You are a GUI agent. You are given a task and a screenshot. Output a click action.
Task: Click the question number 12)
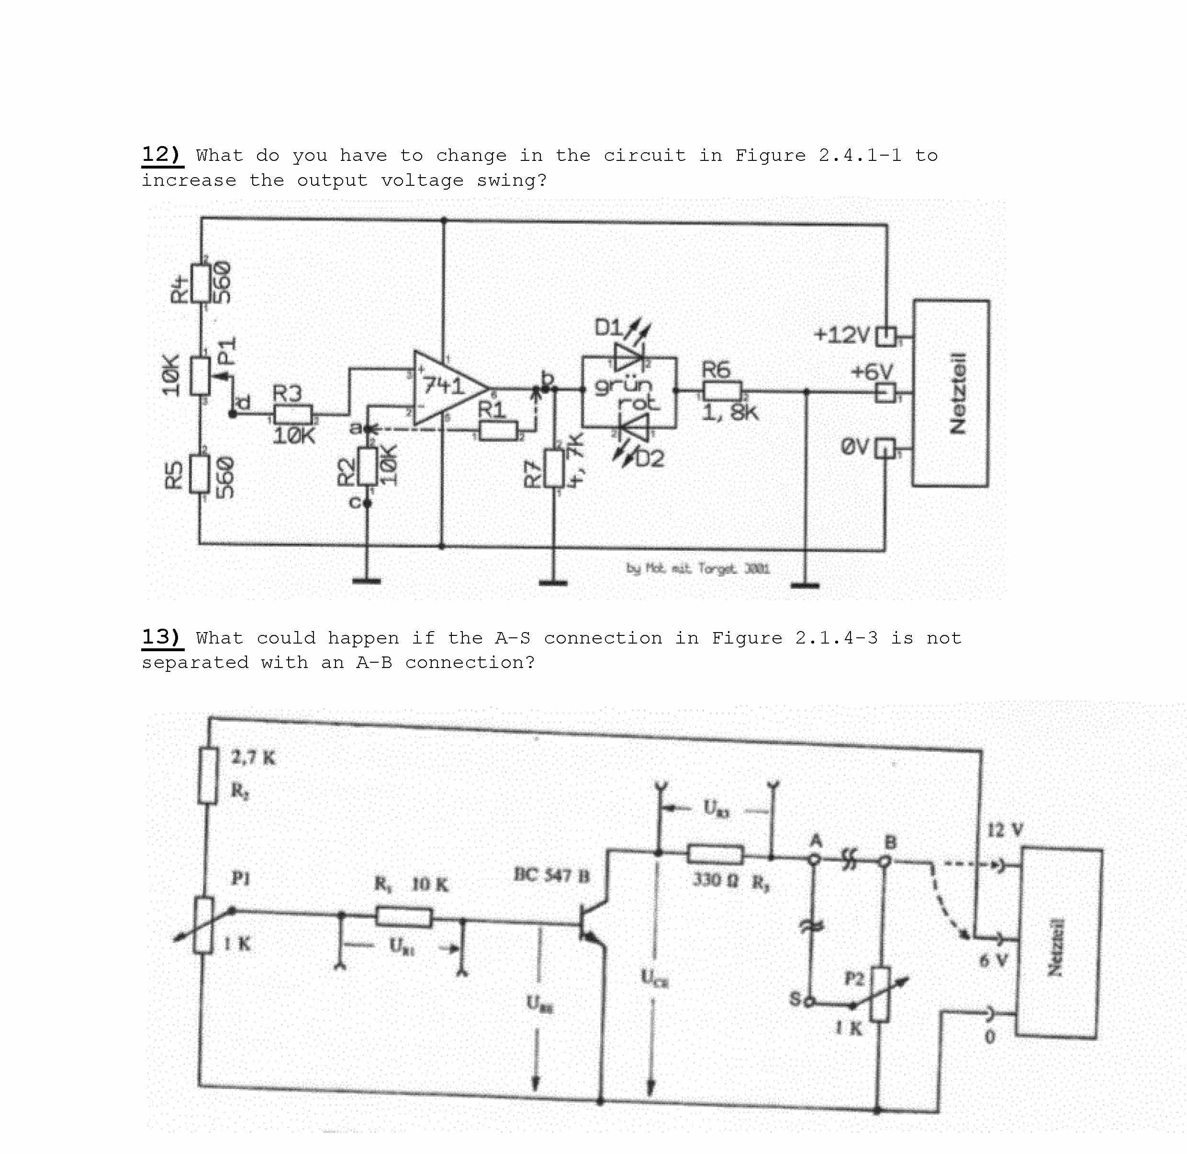[x=161, y=155]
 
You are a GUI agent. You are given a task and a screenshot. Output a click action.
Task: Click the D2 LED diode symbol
[x=634, y=427]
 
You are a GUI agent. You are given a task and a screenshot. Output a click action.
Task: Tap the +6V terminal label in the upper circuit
[x=871, y=372]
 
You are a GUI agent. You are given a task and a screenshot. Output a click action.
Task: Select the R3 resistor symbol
[x=293, y=415]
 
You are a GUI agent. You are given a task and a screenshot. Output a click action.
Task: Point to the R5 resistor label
[x=174, y=475]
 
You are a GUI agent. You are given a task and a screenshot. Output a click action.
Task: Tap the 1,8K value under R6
[x=729, y=413]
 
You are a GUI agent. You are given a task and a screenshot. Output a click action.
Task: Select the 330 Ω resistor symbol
[x=715, y=855]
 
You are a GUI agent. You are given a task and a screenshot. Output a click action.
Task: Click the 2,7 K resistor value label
[x=253, y=757]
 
